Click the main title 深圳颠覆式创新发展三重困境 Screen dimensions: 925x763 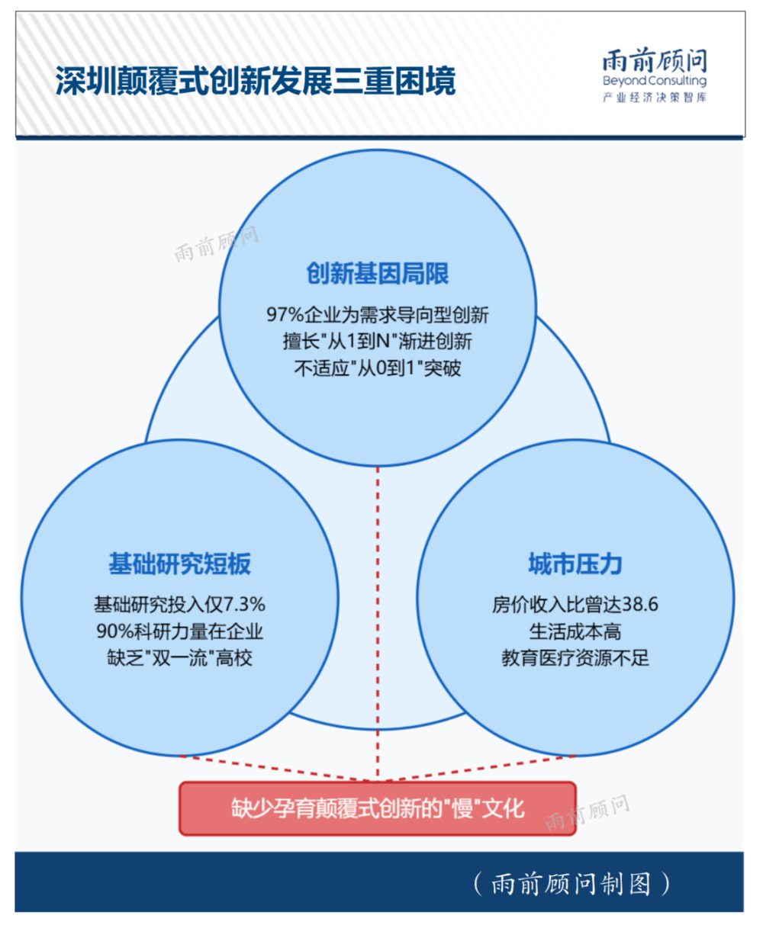[255, 82]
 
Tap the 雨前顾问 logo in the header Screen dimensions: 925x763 [654, 61]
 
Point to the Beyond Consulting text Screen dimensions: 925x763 [654, 81]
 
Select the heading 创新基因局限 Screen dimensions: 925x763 [378, 274]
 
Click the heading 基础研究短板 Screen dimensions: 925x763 [179, 564]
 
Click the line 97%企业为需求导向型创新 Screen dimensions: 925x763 [378, 314]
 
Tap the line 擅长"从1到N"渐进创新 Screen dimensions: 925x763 [378, 341]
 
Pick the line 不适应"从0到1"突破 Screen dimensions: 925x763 [378, 368]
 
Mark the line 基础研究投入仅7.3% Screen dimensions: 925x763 [179, 605]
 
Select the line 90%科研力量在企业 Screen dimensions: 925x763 [179, 631]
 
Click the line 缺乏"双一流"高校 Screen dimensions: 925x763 [179, 657]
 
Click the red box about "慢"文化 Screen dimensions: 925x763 [378, 808]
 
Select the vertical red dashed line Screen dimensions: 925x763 [378, 610]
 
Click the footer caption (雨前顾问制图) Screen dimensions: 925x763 [571, 883]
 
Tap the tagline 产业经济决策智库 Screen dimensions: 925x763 [654, 98]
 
